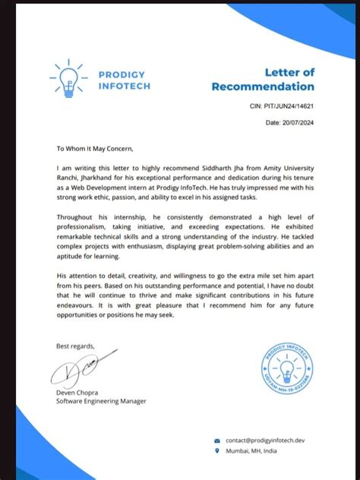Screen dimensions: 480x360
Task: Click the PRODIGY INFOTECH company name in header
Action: click(x=125, y=81)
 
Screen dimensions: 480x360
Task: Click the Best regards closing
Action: click(x=77, y=346)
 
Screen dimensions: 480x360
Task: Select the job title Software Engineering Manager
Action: click(x=101, y=401)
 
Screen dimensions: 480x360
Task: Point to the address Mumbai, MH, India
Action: click(x=252, y=451)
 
